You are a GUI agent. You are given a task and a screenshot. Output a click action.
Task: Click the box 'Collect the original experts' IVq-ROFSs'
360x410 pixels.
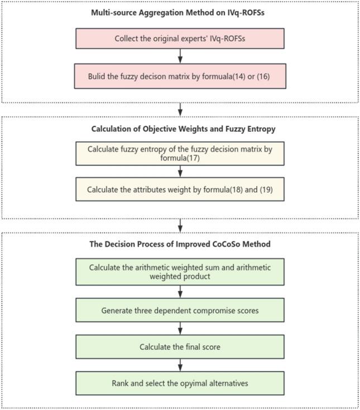[180, 39]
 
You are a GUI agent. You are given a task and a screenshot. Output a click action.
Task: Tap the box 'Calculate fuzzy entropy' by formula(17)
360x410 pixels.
[180, 153]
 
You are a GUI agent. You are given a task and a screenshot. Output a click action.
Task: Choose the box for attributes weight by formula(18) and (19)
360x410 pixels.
[180, 189]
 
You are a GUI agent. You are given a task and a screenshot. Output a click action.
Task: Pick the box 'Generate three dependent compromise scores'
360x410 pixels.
[180, 310]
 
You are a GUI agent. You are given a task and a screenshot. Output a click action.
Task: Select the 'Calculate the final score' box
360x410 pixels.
[180, 347]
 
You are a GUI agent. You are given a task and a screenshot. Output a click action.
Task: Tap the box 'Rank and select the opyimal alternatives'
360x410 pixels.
[180, 384]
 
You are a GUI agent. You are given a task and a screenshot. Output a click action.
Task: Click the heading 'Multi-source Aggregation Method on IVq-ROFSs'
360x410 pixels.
[180, 13]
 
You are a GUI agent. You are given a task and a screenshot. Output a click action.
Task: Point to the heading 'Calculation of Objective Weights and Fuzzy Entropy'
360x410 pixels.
[180, 129]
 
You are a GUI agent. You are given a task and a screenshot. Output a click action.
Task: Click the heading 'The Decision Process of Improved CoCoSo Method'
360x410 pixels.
[180, 244]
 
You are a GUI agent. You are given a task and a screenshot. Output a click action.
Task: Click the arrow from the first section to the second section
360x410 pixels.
[180, 108]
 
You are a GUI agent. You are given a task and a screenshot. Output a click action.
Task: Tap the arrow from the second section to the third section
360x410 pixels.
[180, 225]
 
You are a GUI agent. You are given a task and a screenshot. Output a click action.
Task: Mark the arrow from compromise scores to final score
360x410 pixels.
[180, 328]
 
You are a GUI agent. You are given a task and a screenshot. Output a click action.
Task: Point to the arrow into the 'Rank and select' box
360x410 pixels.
[180, 365]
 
